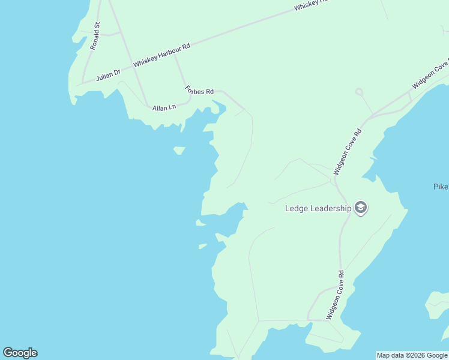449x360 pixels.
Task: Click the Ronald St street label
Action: click(x=95, y=36)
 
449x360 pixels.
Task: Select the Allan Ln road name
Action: click(x=164, y=107)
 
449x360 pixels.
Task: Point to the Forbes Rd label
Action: click(x=199, y=91)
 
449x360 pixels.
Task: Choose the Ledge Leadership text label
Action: click(x=318, y=208)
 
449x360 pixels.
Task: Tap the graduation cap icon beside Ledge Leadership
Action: click(x=361, y=208)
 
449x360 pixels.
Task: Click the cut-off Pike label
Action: click(x=441, y=187)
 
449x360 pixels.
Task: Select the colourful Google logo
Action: click(x=20, y=353)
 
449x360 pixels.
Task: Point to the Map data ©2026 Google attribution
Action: click(x=412, y=355)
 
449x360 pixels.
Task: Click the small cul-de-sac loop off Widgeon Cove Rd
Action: click(x=359, y=92)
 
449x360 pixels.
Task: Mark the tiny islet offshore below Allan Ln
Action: click(x=179, y=150)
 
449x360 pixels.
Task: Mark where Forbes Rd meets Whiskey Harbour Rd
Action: click(x=175, y=56)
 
